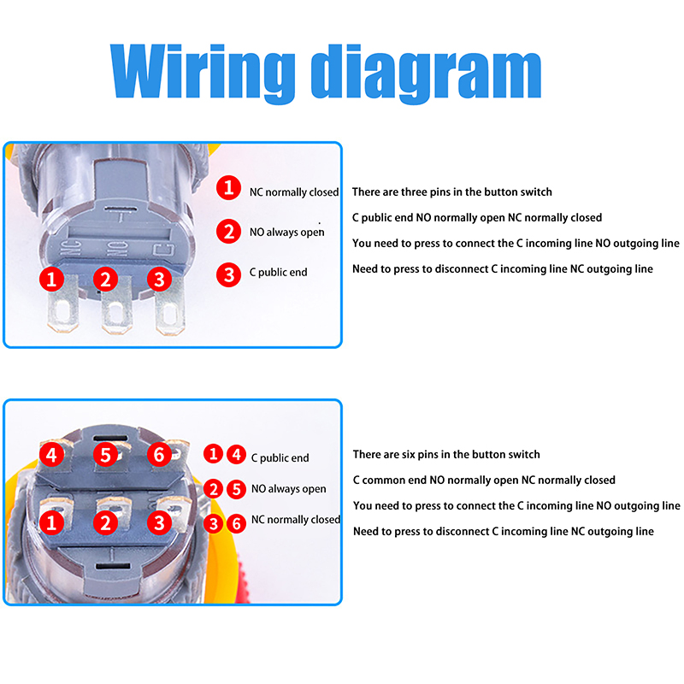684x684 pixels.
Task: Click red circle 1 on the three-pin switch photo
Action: pyautogui.click(x=53, y=279)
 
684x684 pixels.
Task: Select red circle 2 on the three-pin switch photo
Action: pyautogui.click(x=105, y=279)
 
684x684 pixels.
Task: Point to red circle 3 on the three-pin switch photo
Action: pyautogui.click(x=157, y=279)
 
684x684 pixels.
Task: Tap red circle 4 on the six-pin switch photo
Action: pyautogui.click(x=53, y=455)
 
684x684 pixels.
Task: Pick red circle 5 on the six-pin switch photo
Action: pyautogui.click(x=105, y=455)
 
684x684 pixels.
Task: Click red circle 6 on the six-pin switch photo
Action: pyautogui.click(x=158, y=455)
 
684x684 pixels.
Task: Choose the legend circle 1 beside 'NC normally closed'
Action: pyautogui.click(x=228, y=188)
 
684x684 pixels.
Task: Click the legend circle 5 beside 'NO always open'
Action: pyautogui.click(x=237, y=488)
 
